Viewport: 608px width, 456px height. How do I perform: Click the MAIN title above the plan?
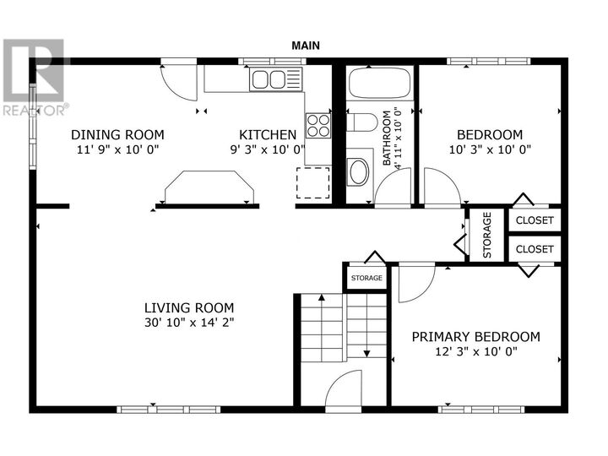click(x=306, y=46)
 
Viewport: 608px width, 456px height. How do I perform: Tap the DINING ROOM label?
click(x=117, y=135)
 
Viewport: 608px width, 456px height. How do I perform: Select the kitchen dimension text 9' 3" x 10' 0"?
click(x=268, y=149)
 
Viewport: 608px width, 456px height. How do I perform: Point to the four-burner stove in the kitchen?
click(x=318, y=125)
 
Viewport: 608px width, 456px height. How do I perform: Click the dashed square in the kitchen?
click(x=313, y=182)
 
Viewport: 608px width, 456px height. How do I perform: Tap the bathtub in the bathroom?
click(x=380, y=83)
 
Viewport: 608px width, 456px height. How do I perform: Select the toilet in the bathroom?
click(x=361, y=123)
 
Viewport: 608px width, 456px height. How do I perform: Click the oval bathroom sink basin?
click(x=359, y=171)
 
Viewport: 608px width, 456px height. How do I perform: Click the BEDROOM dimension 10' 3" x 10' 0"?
click(x=490, y=149)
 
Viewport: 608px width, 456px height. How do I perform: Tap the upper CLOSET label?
click(x=535, y=220)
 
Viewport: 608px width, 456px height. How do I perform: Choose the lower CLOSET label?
click(x=535, y=249)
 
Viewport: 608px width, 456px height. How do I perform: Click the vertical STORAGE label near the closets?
click(x=487, y=235)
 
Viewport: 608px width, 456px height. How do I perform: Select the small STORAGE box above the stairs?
click(x=366, y=278)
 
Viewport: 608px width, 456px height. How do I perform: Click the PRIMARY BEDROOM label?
click(x=475, y=337)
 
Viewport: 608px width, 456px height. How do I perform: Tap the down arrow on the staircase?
click(x=366, y=325)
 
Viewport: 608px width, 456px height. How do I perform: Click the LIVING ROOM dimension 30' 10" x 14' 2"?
click(x=189, y=323)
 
